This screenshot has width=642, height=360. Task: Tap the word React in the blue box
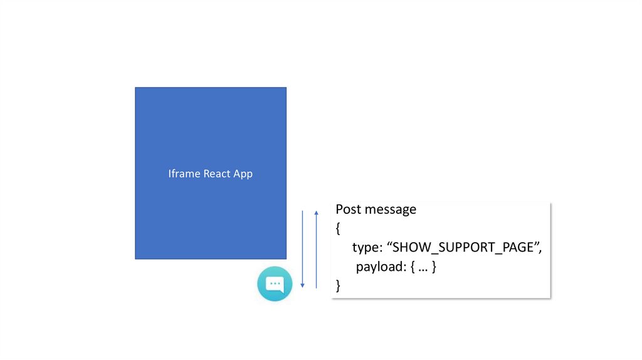(217, 174)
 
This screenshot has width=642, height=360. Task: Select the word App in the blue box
(243, 174)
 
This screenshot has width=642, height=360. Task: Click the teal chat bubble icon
(275, 283)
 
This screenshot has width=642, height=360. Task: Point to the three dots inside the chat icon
(275, 283)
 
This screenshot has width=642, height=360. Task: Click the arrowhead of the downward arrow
(303, 285)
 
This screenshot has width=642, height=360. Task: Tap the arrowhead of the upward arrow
(316, 213)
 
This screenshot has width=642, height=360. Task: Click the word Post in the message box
(348, 209)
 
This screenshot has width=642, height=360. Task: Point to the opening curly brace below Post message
(339, 228)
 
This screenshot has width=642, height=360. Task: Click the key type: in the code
(367, 248)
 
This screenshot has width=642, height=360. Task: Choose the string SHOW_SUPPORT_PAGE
(463, 248)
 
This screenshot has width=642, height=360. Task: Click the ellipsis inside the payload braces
(423, 267)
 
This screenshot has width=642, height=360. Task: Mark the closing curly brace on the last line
(339, 286)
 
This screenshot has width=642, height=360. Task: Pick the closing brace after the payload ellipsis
(433, 267)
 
